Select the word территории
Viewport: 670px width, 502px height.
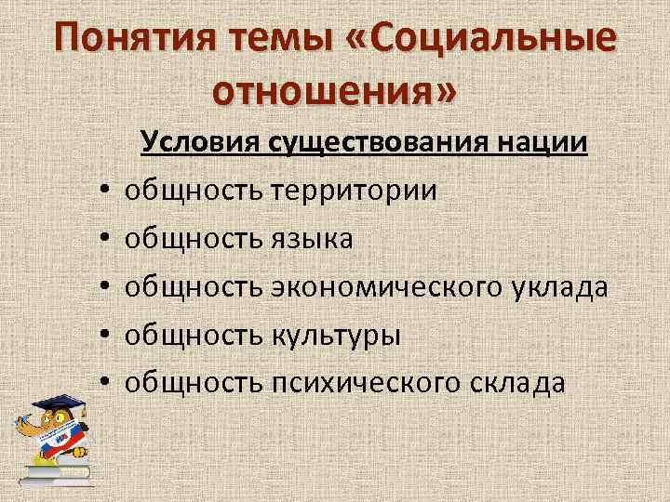point(354,191)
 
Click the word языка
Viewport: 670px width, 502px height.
point(313,239)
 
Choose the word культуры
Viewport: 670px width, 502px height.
point(336,335)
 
